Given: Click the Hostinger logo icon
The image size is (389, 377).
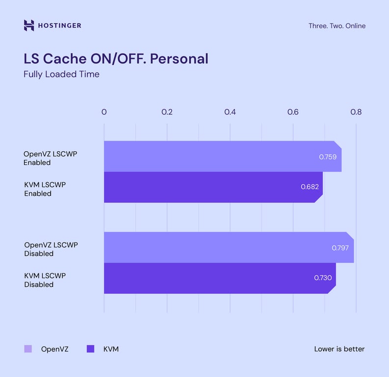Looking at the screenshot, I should (x=29, y=26).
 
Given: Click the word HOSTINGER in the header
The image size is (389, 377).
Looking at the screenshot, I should (x=60, y=26).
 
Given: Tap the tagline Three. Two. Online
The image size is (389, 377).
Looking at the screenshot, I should (x=336, y=26).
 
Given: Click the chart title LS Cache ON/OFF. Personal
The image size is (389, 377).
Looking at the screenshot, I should (x=116, y=58).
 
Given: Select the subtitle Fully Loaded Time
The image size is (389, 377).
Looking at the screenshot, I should (x=61, y=75).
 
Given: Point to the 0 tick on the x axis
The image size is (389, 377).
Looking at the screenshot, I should (x=104, y=112).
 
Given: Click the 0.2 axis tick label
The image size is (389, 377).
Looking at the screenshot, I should (x=167, y=112).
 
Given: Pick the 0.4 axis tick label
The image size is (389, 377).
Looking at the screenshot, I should (x=230, y=112).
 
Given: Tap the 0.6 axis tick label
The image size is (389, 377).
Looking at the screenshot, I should (x=293, y=112).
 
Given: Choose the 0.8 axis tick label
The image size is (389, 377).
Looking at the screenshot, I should (x=356, y=112).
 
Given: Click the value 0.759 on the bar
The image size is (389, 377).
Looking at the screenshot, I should (x=328, y=157).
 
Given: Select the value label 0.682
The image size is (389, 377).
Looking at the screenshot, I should (x=309, y=187).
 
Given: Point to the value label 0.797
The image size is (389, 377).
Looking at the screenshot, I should (x=340, y=248).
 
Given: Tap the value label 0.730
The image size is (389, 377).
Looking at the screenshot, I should (x=323, y=278).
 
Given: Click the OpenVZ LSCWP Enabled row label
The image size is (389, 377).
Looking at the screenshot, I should (x=50, y=158).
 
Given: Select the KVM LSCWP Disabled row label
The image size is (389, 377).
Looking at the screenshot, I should (x=45, y=280).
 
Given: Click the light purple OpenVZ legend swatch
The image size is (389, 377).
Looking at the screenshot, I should (x=28, y=349).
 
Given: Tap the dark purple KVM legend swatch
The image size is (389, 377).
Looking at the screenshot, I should (x=90, y=349).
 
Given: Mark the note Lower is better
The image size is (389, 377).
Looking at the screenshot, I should (x=339, y=349).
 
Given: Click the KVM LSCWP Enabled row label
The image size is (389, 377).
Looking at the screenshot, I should (x=45, y=189).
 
